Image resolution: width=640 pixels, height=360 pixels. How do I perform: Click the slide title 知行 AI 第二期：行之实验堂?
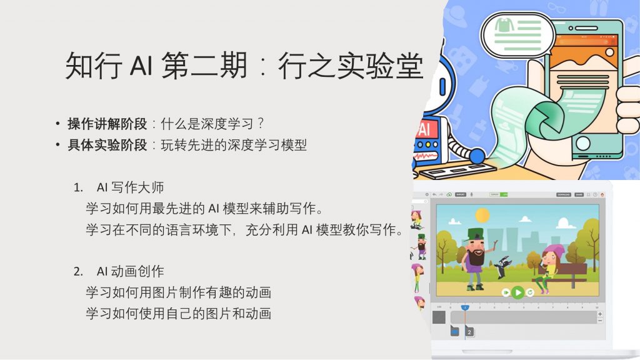point(244,65)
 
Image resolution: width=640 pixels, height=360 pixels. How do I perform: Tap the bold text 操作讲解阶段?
point(107,124)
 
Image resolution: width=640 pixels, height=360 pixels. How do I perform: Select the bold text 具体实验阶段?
point(107,145)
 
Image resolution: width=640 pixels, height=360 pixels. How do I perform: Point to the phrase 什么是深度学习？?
point(212,124)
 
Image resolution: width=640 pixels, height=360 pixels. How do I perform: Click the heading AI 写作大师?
point(130,187)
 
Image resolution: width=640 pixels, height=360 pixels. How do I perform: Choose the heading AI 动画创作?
point(130,271)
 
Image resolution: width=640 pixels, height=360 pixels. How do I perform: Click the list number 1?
point(78,187)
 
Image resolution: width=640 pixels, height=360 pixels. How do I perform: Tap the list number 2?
point(78,272)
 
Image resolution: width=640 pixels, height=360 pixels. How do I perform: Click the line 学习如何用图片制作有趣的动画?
point(178,292)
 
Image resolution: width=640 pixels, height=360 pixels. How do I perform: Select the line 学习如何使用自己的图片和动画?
point(178,314)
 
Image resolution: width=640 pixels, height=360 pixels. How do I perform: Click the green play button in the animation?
point(517,292)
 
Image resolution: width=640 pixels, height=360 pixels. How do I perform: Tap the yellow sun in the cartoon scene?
point(482,215)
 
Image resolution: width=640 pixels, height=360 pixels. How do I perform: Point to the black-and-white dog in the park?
point(502,267)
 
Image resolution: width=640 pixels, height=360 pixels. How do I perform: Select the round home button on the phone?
point(582,144)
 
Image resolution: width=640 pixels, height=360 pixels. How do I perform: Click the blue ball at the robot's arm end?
point(477,156)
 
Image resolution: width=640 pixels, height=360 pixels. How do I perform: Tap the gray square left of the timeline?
point(439,317)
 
